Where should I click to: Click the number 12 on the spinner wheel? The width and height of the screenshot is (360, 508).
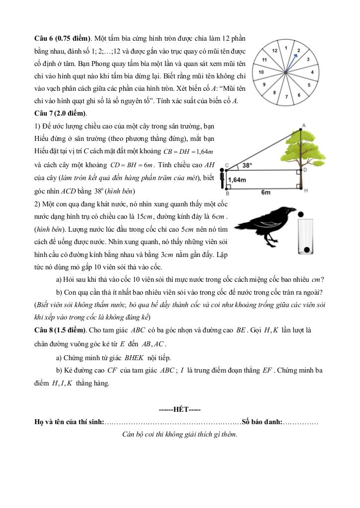click(x=275, y=50)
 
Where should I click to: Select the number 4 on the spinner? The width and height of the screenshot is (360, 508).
click(x=312, y=72)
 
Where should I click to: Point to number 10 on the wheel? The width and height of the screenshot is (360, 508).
click(x=260, y=72)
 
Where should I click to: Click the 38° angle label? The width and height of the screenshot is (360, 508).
click(x=247, y=166)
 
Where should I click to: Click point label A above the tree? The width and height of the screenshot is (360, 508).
click(x=303, y=125)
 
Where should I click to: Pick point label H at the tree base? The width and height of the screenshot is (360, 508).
click(x=306, y=190)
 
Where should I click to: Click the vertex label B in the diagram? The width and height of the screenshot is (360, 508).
click(x=227, y=193)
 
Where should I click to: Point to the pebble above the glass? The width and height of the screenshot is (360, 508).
click(x=301, y=215)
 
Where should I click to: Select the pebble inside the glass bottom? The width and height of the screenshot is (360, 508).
click(x=307, y=249)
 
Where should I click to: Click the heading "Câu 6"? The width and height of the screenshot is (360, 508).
click(x=43, y=38)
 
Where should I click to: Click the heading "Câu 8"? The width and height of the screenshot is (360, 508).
click(x=43, y=330)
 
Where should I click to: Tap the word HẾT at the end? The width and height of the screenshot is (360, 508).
click(x=179, y=409)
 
